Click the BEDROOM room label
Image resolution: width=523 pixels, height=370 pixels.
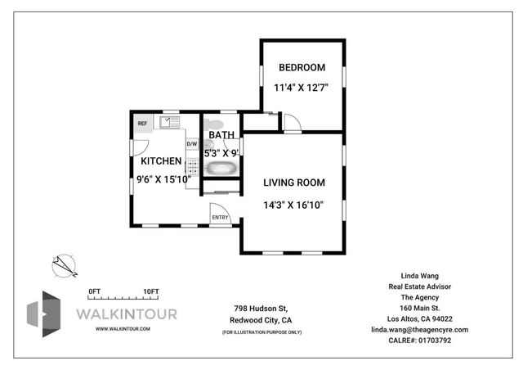(x=302, y=67)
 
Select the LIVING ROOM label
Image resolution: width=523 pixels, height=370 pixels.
(x=294, y=183)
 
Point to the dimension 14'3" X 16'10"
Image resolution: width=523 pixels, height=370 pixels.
(x=294, y=205)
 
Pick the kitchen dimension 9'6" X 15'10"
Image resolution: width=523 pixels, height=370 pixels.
(x=163, y=177)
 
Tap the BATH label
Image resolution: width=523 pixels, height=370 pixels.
(x=221, y=135)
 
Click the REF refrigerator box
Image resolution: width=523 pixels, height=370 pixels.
(x=142, y=124)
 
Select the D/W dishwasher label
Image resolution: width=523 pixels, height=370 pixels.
(x=192, y=144)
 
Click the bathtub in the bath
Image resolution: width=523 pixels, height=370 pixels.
(x=221, y=169)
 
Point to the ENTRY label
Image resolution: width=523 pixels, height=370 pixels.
(x=220, y=217)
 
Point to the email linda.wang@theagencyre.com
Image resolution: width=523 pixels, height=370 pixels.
(x=420, y=329)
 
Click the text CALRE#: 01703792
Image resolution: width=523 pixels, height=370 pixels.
(x=420, y=340)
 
